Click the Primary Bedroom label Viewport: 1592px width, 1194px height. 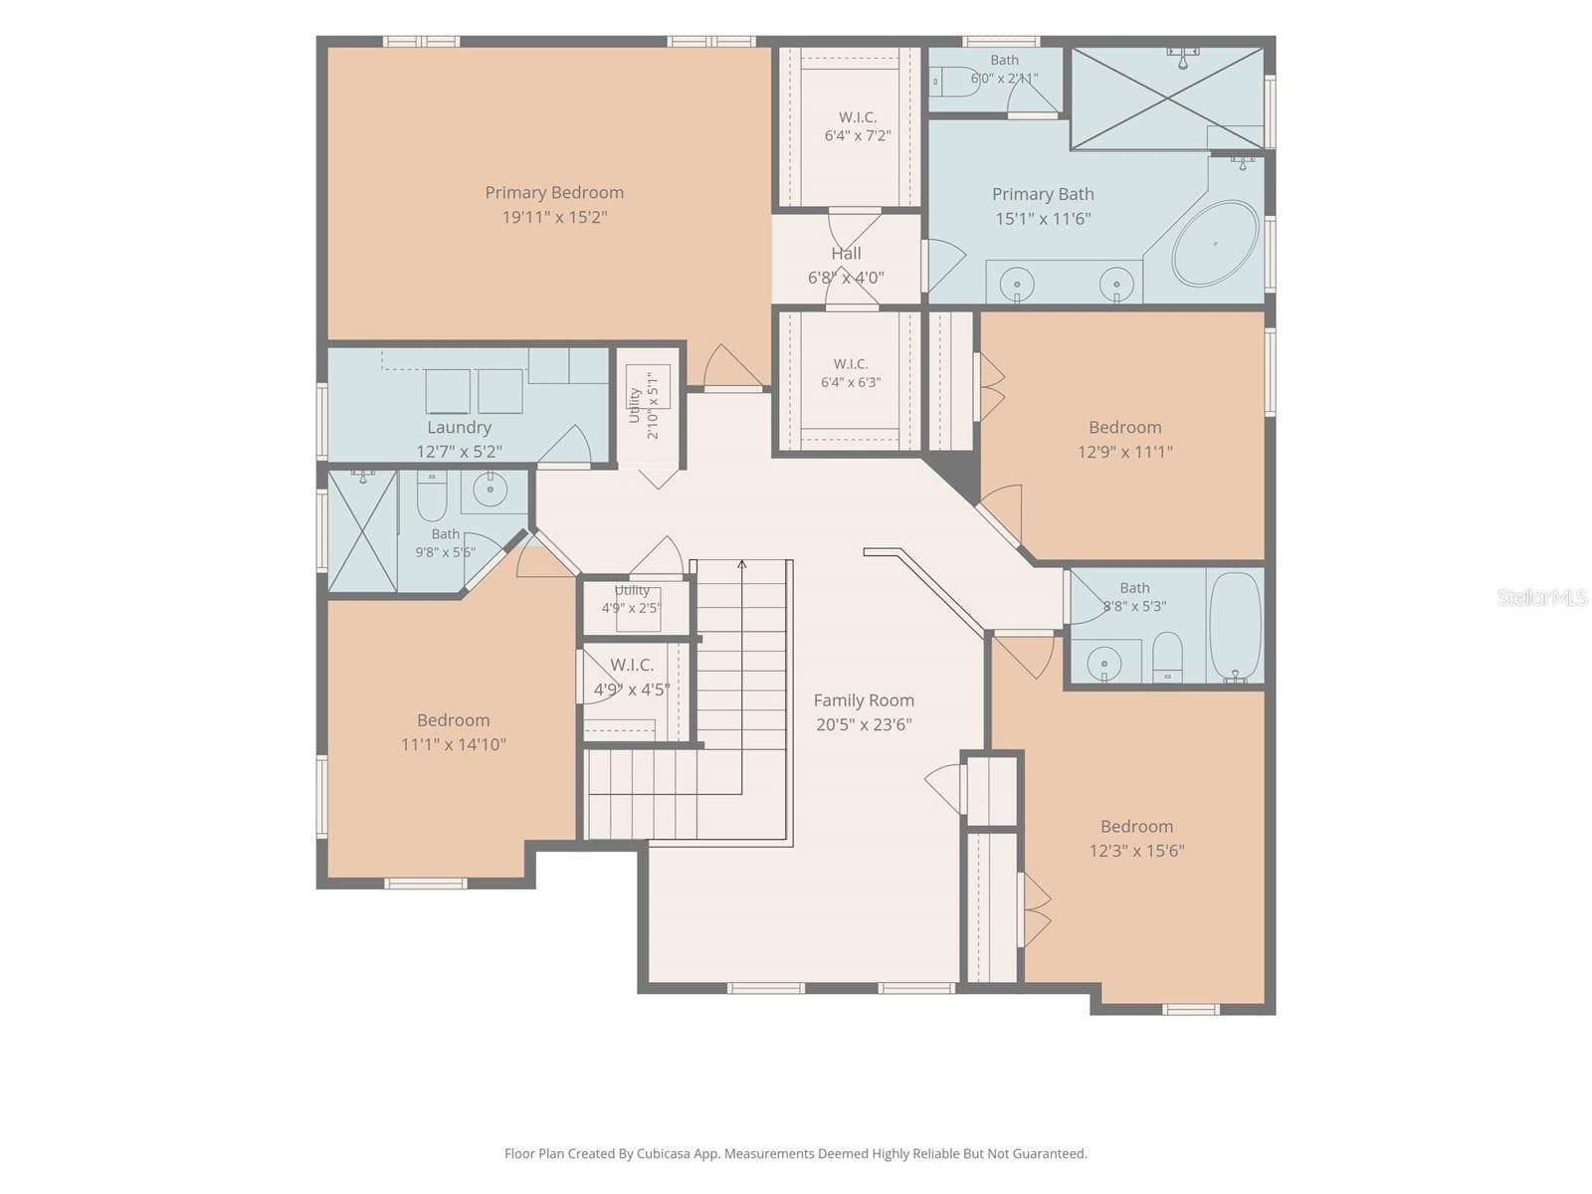pos(554,193)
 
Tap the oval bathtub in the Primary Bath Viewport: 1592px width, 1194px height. pos(1215,244)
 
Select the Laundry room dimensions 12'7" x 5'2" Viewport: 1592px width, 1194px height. pos(459,452)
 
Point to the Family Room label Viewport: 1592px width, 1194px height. pos(863,700)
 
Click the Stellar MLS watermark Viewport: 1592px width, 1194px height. pos(1542,597)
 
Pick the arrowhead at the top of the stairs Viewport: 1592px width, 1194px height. pos(741,563)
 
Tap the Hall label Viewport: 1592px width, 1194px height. pos(846,253)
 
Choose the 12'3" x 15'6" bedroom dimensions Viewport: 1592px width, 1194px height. pos(1136,851)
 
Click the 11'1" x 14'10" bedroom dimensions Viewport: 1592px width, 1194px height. pos(454,744)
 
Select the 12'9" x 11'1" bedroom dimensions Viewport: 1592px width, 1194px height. pos(1125,452)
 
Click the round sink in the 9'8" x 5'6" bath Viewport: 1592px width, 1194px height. pos(490,490)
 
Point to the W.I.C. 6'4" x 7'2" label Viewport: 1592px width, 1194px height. pos(858,126)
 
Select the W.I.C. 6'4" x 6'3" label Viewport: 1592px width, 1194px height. pos(851,373)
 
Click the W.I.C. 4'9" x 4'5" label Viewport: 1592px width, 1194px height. pos(632,678)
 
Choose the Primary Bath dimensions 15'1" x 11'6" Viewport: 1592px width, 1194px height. pos(1042,218)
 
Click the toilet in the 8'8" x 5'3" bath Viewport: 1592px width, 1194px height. pos(1167,656)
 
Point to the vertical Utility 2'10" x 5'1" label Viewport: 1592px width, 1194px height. pos(643,405)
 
